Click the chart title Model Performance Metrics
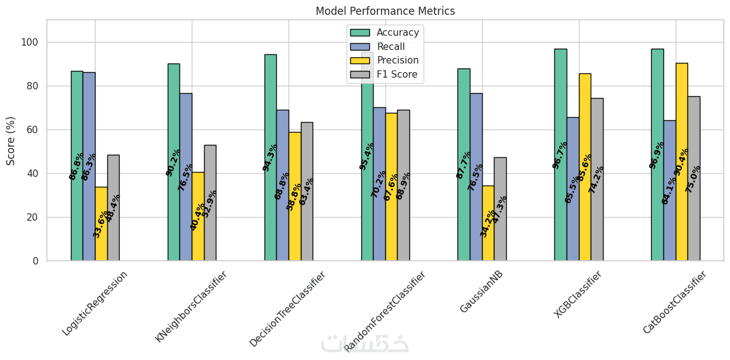coord(385,11)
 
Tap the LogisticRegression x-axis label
coord(95,303)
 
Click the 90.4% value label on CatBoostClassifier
coord(682,162)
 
